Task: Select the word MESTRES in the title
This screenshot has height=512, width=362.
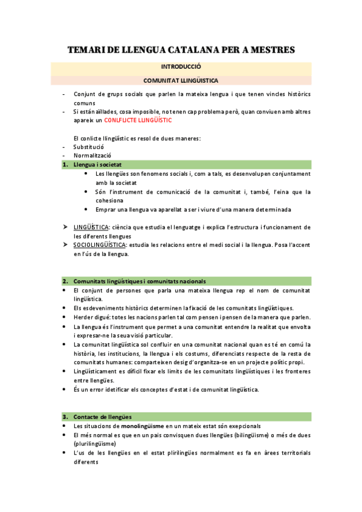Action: pos(267,50)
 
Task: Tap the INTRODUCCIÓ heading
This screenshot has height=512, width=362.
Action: pos(181,67)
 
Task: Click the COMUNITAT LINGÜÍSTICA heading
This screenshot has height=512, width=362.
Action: pos(181,80)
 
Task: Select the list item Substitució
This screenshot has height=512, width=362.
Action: pos(89,147)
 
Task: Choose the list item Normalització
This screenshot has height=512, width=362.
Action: pos(92,155)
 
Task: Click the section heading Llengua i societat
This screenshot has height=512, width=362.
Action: pos(97,164)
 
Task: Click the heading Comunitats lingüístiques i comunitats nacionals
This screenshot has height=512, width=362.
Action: pos(140,281)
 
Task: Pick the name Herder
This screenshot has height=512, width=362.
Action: pos(83,318)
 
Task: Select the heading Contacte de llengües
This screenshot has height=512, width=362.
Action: pos(103,417)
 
